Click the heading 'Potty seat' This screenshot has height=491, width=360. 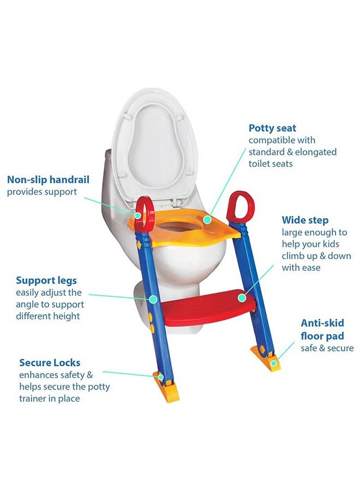272,128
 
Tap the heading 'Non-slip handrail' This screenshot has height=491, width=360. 48,179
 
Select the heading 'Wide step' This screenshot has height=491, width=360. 305,220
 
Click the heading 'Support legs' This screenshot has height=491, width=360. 46,280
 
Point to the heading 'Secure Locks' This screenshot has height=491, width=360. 50,363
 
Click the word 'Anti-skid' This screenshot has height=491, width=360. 322,323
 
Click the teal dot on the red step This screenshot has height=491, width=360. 242,298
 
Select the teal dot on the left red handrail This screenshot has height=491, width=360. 138,215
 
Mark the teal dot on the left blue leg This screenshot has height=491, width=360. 153,300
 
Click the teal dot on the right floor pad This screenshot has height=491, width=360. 274,363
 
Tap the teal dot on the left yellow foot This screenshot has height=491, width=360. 160,377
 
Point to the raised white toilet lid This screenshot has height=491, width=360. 153,147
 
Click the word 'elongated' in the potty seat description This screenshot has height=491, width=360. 316,152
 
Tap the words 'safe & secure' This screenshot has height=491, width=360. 327,348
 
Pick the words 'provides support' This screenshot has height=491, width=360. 42,192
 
